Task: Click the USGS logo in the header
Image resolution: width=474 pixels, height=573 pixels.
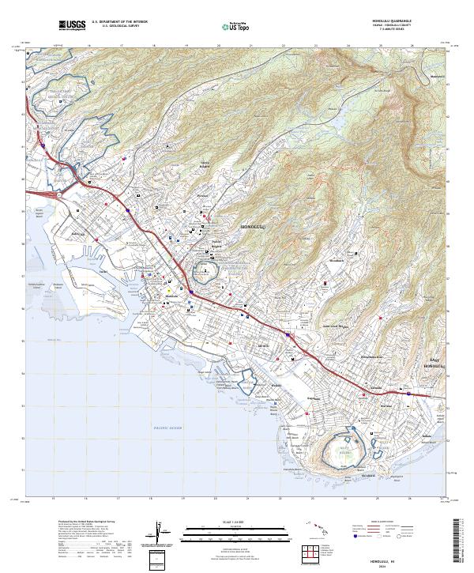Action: [x=72, y=25]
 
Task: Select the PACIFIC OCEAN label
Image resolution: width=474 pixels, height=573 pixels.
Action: [x=167, y=428]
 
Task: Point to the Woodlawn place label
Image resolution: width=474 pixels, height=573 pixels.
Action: [x=337, y=260]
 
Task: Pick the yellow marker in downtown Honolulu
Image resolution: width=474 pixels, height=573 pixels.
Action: [x=167, y=290]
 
